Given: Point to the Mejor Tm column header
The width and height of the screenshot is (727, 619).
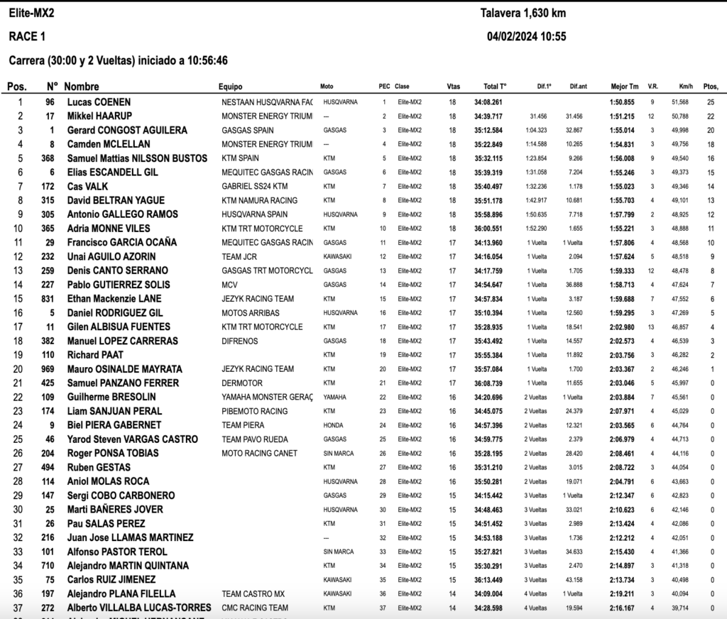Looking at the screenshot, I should (x=625, y=87).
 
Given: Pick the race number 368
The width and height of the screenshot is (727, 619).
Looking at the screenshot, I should (x=48, y=158).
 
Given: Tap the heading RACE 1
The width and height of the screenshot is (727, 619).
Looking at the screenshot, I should (x=27, y=37).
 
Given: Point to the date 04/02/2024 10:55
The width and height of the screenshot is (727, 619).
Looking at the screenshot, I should (x=526, y=37).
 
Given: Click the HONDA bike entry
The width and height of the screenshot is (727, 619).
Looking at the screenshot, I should (x=332, y=425).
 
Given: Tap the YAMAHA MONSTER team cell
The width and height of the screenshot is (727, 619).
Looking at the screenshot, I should (x=267, y=397).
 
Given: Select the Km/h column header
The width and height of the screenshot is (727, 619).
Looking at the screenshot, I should (x=686, y=87).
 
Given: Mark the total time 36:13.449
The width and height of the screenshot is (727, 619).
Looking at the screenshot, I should (x=488, y=580).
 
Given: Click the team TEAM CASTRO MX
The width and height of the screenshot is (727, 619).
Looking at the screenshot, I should (x=253, y=594).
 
